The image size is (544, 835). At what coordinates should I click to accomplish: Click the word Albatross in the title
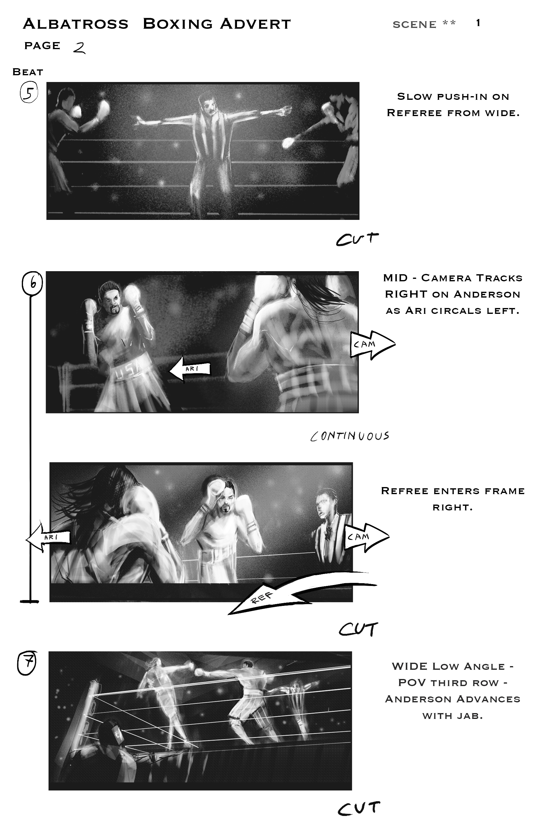(x=76, y=24)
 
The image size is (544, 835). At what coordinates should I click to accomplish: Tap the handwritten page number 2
(x=80, y=47)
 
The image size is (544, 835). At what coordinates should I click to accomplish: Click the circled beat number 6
(x=32, y=283)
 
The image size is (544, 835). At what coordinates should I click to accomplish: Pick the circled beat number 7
(x=27, y=663)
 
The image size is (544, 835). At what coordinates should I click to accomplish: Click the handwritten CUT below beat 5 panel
(x=357, y=239)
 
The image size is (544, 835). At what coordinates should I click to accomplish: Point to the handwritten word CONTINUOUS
(x=350, y=436)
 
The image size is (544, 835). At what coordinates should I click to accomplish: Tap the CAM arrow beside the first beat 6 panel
(x=372, y=345)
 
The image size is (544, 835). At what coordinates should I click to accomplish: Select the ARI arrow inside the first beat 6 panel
(x=190, y=369)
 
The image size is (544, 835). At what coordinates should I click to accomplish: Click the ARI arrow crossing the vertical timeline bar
(x=48, y=537)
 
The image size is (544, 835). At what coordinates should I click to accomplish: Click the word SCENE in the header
(x=414, y=25)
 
